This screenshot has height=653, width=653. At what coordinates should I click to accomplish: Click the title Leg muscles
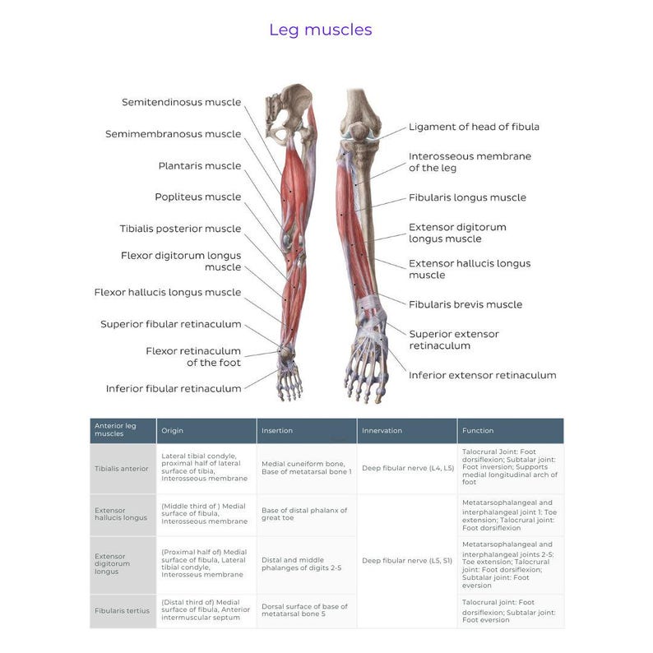(320, 30)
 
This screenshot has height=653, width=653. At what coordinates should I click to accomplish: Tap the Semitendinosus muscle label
(181, 103)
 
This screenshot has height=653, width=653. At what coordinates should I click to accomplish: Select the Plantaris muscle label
(199, 166)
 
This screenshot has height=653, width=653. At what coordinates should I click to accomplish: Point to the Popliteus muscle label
(197, 197)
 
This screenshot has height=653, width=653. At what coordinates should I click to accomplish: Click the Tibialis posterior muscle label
(180, 229)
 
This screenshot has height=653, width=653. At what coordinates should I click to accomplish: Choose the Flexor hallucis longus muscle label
(167, 292)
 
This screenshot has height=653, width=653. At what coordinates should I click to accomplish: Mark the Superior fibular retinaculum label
(170, 324)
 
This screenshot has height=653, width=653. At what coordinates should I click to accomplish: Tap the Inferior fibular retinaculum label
(173, 388)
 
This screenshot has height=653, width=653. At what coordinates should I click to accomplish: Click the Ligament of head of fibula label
(474, 127)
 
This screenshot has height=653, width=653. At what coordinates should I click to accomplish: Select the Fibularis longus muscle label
(467, 197)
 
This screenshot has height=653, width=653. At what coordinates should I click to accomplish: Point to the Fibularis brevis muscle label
(465, 304)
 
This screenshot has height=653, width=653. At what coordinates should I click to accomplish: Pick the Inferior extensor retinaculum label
(482, 375)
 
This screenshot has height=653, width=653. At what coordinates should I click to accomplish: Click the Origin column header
(173, 431)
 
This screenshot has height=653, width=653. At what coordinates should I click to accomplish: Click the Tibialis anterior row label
(122, 469)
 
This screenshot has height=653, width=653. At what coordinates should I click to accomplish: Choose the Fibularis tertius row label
(122, 612)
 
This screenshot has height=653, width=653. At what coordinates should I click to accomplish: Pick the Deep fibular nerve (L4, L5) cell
(407, 469)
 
